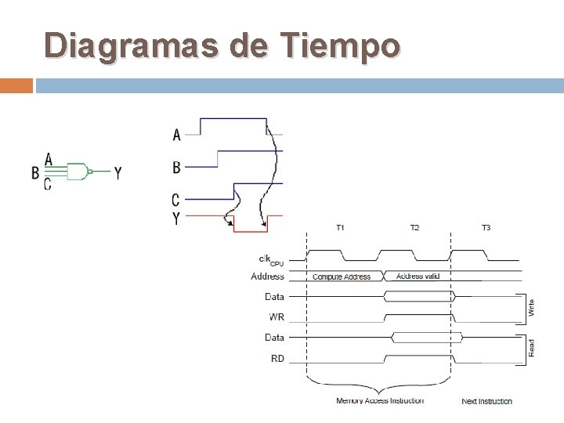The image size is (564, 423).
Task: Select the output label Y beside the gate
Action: coord(117,172)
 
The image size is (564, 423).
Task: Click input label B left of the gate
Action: coord(35,172)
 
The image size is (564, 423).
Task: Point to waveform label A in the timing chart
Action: coord(176,136)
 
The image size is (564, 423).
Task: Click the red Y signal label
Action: coord(176,219)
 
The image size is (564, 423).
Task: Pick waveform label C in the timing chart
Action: coord(176,200)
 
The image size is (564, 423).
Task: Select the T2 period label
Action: coord(414,228)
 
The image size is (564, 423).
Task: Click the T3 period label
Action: coord(486,228)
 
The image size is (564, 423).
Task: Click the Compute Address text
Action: coord(342,277)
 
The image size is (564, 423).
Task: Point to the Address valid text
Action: coord(419,277)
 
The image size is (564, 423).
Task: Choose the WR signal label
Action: coord(277,317)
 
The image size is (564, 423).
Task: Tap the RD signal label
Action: coord(277,359)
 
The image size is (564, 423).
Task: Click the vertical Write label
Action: coord(533,307)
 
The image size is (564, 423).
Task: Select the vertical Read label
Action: coord(533,349)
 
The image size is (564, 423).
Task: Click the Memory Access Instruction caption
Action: coord(380,401)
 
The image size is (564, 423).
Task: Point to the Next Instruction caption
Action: coord(486,401)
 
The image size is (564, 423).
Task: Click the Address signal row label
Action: coord(268,277)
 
